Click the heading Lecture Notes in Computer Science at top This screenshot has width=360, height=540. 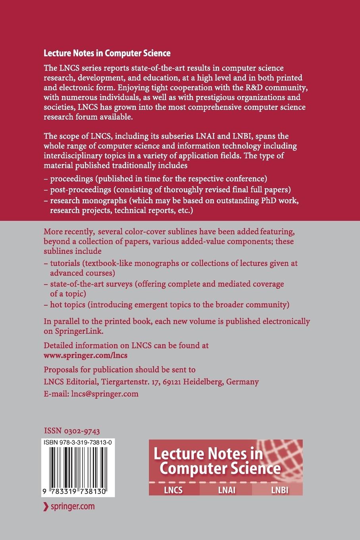(107, 53)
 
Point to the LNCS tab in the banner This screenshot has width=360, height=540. (173, 490)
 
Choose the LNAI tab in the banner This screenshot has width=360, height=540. (227, 490)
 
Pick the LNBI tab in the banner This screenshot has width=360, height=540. (279, 490)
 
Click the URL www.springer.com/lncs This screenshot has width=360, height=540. (85, 355)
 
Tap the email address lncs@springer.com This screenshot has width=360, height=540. (105, 393)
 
